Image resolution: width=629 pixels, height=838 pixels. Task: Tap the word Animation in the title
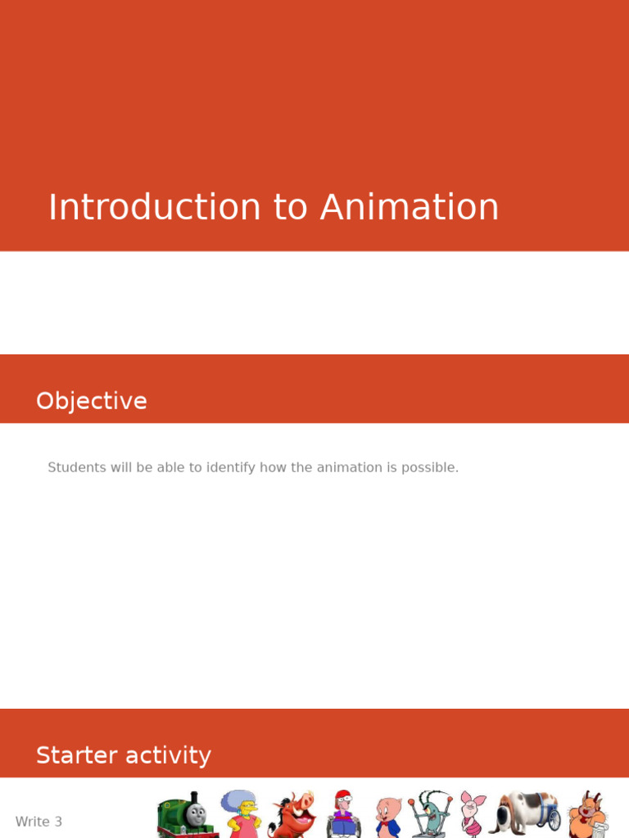[x=410, y=207]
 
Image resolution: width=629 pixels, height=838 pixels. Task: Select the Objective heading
[x=92, y=401]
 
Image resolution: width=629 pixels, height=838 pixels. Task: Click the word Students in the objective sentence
[x=77, y=467]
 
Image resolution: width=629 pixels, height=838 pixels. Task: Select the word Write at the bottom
[x=32, y=822]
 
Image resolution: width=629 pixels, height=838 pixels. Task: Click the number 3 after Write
[x=58, y=822]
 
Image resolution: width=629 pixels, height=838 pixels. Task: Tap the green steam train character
[x=188, y=815]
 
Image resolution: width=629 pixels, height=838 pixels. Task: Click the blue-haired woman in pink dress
[x=241, y=814]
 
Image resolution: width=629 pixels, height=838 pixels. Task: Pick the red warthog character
[x=292, y=815]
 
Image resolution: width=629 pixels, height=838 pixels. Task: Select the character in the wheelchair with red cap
[x=343, y=815]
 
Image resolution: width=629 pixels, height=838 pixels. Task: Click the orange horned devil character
[x=588, y=815]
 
